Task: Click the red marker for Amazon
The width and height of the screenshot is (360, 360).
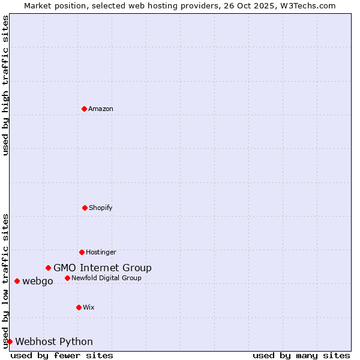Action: coord(84,109)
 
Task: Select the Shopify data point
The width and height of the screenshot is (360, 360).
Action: coord(85,208)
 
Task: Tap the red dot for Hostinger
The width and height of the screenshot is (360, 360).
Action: coord(82,252)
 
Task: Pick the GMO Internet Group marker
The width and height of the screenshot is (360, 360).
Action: coord(48,268)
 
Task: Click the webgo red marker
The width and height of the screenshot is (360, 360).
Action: coord(17,281)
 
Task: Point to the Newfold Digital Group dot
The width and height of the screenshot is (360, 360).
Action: coord(67,278)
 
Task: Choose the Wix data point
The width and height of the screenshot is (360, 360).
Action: coord(79,307)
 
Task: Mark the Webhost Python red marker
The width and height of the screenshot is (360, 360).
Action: coord(10,341)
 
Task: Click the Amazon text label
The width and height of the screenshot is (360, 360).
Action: coord(101,109)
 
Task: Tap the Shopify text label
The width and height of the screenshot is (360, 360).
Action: coord(101,208)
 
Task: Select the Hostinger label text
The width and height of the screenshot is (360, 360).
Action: coord(101,252)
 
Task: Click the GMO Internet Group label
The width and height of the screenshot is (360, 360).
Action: coord(103,268)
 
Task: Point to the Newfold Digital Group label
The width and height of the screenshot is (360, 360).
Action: coord(107,278)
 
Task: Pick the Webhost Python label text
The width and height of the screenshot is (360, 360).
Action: coord(54,341)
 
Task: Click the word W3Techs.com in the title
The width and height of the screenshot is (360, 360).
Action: coord(310,5)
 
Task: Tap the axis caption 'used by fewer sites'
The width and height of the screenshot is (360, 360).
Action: coord(62,355)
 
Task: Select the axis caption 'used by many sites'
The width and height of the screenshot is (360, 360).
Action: coord(301,355)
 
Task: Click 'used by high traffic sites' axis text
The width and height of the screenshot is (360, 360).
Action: coord(5,85)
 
